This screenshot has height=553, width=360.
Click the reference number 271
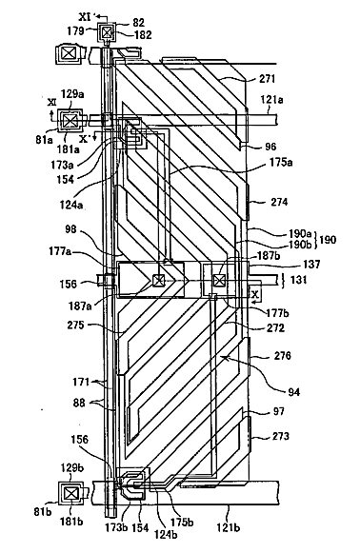pyautogui.click(x=267, y=79)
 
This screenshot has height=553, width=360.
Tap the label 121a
pyautogui.click(x=271, y=100)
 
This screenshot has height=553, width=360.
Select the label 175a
pyautogui.click(x=281, y=163)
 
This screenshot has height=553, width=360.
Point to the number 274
pyautogui.click(x=279, y=202)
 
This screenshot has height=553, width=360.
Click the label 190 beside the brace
pyautogui.click(x=328, y=240)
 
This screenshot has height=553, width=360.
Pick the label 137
pyautogui.click(x=310, y=264)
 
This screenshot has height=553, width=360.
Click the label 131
pyautogui.click(x=299, y=280)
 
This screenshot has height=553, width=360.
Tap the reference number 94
pyautogui.click(x=293, y=391)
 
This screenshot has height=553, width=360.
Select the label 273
pyautogui.click(x=281, y=436)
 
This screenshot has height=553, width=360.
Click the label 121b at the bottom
pyautogui.click(x=229, y=527)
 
